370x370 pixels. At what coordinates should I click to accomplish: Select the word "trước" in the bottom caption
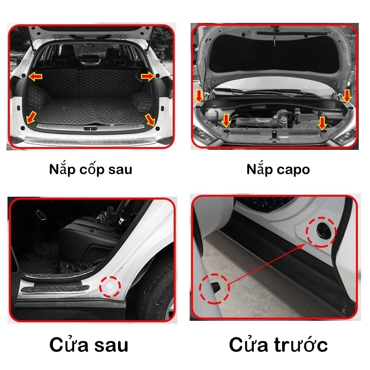pyautogui.click(x=301, y=345)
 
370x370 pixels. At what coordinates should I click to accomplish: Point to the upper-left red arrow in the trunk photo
pyautogui.click(x=36, y=76)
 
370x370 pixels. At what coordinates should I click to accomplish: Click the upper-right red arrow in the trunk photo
pyautogui.click(x=148, y=76)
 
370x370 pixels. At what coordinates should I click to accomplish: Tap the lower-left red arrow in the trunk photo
pyautogui.click(x=31, y=118)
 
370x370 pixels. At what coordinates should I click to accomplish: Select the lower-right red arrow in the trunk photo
pyautogui.click(x=150, y=119)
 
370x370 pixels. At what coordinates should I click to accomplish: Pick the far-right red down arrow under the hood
pyautogui.click(x=347, y=96)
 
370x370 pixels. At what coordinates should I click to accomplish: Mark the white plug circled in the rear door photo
pyautogui.click(x=110, y=287)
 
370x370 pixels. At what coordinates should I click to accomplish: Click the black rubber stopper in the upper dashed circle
pyautogui.click(x=321, y=230)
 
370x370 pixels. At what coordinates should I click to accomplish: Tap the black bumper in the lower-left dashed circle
pyautogui.click(x=215, y=287)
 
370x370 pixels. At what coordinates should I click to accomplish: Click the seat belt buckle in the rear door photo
pyautogui.click(x=121, y=221)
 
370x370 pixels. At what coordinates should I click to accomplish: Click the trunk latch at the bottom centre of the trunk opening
pyautogui.click(x=90, y=128)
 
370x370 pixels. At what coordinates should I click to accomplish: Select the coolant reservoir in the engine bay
pyautogui.click(x=214, y=115)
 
